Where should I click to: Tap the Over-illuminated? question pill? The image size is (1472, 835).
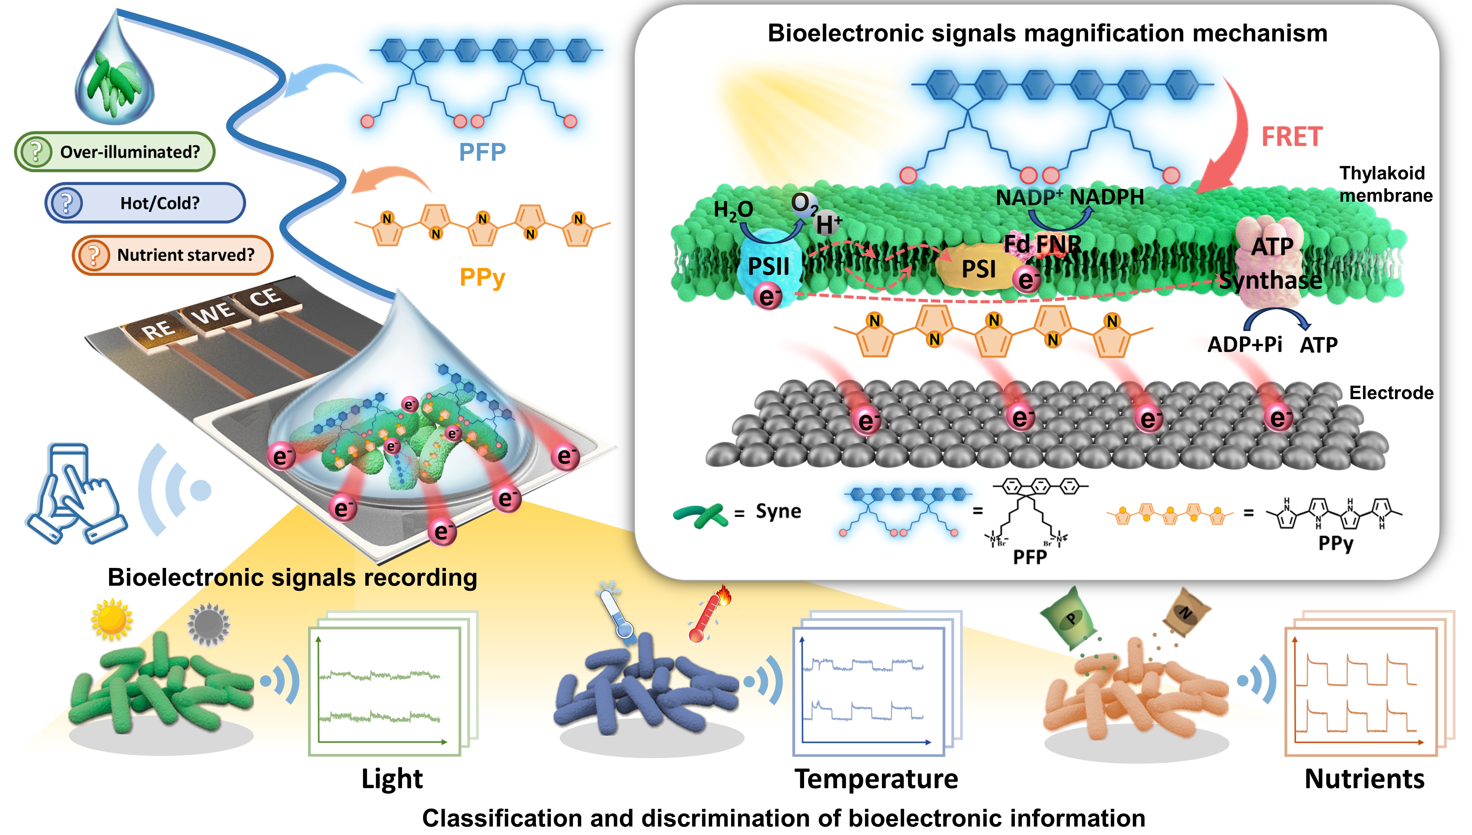[115, 152]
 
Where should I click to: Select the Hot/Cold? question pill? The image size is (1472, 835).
[145, 203]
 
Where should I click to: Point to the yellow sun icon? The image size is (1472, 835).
[112, 619]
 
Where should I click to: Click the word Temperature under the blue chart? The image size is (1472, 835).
[876, 779]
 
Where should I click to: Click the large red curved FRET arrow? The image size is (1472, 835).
[1232, 138]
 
